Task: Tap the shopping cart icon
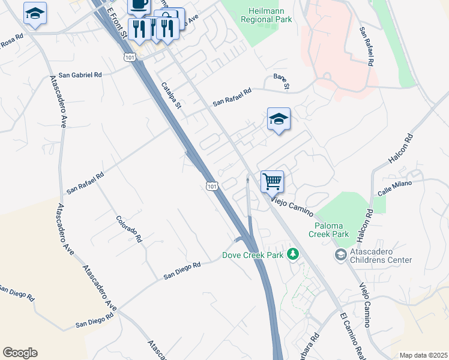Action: pos(272,181)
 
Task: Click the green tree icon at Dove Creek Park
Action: pos(293,254)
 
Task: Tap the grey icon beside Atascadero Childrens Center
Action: pos(341,256)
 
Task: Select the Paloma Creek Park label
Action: pos(328,229)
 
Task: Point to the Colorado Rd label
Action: pos(129,229)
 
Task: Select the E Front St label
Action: pos(116,21)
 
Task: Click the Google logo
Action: pos(20,353)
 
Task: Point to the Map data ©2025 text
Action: pos(423,355)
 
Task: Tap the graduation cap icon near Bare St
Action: pos(279,119)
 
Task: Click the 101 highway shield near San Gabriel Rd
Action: pos(130,56)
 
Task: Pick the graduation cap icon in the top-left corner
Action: pos(35,13)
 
